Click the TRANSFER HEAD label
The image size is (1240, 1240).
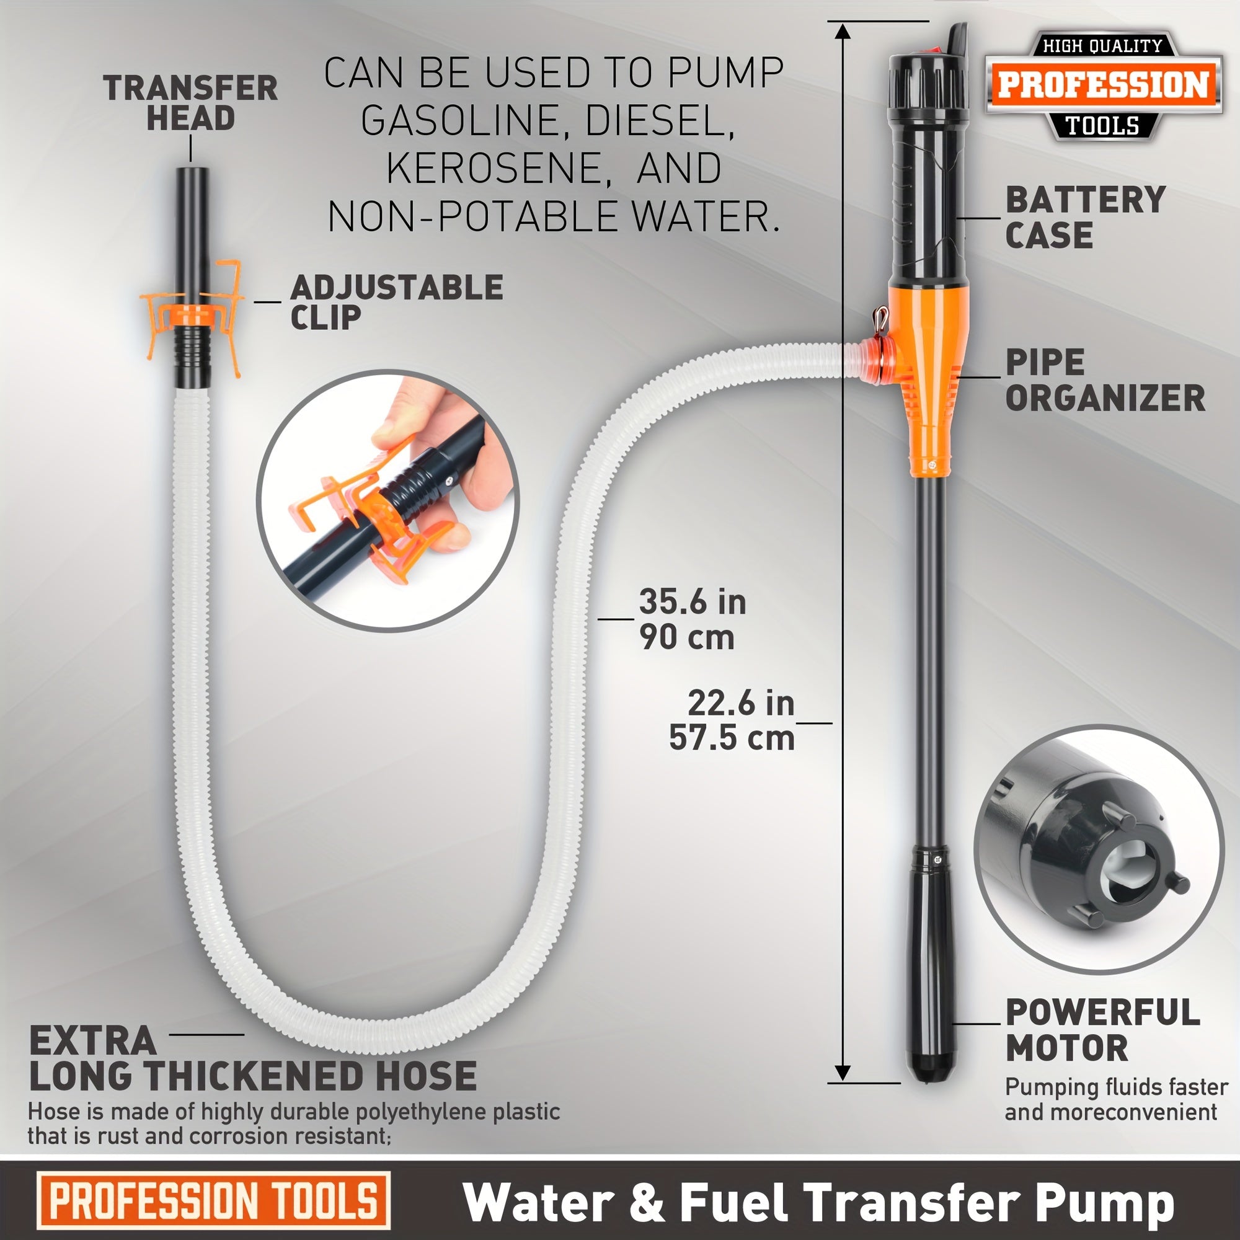click(x=190, y=103)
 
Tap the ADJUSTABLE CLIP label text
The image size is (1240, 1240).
click(x=396, y=302)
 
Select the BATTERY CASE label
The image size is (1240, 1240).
click(x=1084, y=217)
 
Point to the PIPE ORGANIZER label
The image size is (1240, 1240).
click(x=1104, y=380)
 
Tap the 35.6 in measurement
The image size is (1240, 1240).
click(x=693, y=602)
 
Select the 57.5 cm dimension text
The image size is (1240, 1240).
click(x=732, y=737)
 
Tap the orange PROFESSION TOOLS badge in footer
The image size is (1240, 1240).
click(x=214, y=1201)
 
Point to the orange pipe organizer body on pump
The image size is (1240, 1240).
click(x=928, y=379)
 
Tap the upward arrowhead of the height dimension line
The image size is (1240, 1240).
click(x=843, y=31)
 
